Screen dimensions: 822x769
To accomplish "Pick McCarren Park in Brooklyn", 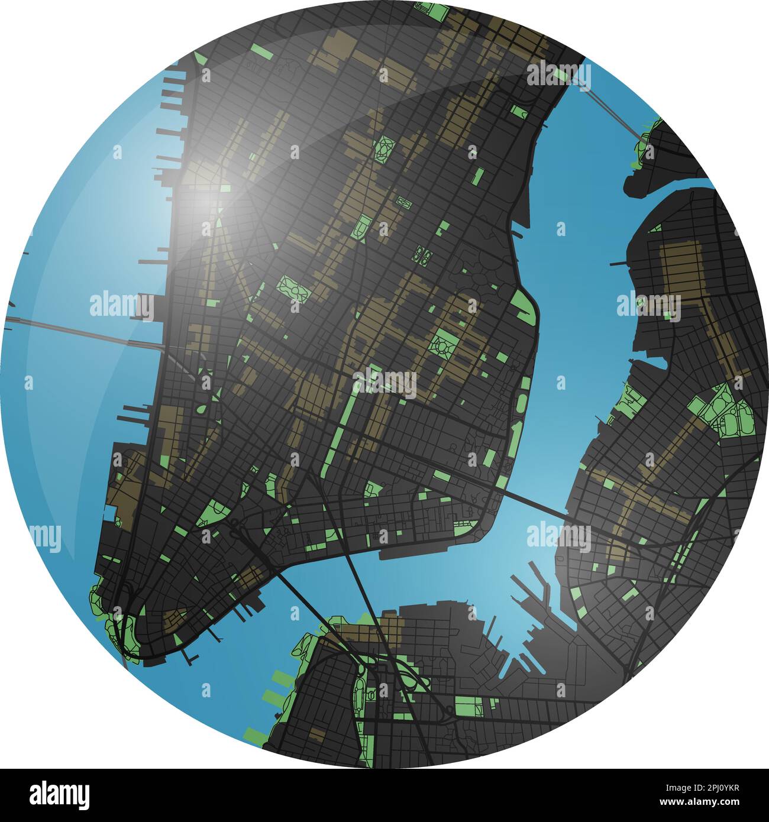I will [728, 411].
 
